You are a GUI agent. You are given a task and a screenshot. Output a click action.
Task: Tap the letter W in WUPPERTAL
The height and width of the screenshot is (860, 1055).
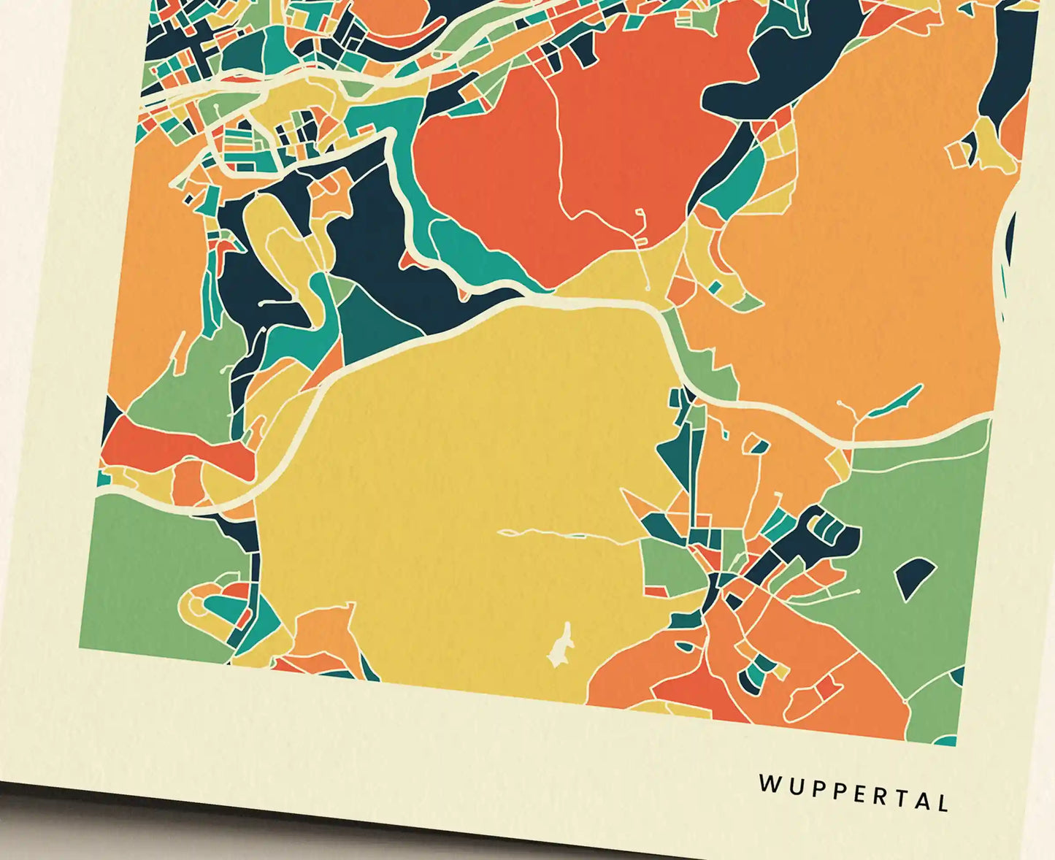point(769,784)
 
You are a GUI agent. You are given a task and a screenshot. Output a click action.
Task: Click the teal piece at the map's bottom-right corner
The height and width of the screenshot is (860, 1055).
point(946,740)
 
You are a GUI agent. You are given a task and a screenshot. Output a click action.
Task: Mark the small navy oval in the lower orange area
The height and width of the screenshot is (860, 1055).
point(685,646)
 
